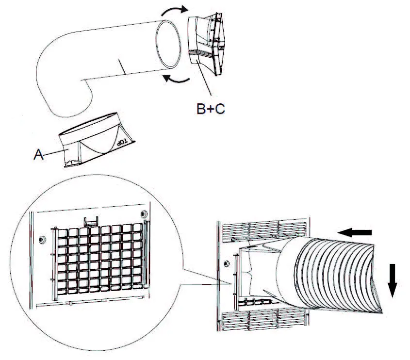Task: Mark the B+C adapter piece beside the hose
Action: tap(209, 44)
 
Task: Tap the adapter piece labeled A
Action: tap(92, 141)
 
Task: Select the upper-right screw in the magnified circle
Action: tap(144, 214)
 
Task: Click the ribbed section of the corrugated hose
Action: tap(335, 272)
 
